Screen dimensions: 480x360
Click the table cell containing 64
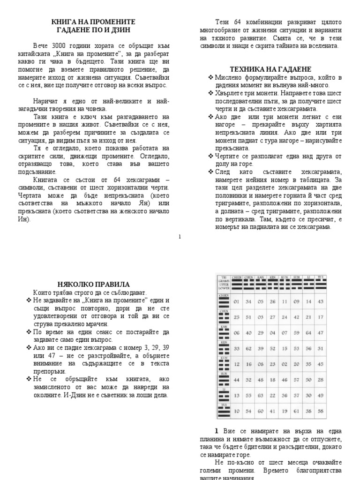point(309,333)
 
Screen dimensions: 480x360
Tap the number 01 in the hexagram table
point(236,301)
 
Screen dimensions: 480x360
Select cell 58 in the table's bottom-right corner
point(321,411)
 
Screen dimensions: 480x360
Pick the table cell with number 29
point(261,333)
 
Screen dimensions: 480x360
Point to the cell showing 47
point(321,333)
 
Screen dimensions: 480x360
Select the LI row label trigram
point(224,395)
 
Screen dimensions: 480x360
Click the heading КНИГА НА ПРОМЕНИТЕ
point(93,22)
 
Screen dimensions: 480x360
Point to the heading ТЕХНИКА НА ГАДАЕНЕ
point(271,69)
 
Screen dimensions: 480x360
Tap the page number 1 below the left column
point(180,237)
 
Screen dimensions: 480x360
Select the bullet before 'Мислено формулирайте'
point(211,77)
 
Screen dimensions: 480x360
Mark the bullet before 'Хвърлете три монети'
point(211,93)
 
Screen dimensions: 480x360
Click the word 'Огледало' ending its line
point(157,156)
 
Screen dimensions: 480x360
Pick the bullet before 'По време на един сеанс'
point(29,332)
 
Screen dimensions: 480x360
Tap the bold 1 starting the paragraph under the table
point(217,431)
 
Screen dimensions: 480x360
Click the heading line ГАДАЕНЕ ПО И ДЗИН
point(93,30)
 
